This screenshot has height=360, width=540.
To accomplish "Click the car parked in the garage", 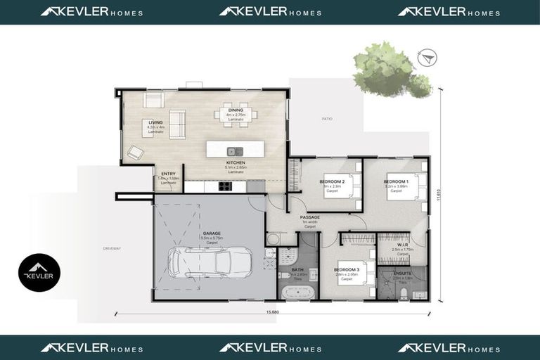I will tap(210, 262).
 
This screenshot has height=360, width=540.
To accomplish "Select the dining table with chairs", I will tap(236, 115).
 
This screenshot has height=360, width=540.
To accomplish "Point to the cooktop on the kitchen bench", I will tap(226, 186).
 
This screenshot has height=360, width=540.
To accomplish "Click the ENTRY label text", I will tap(168, 174).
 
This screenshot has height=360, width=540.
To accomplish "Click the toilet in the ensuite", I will tap(403, 294).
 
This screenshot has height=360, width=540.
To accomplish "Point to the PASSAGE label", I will tap(309, 217).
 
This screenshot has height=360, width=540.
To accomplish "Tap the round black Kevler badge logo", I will tap(39, 273).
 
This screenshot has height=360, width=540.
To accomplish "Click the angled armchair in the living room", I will tap(135, 152).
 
